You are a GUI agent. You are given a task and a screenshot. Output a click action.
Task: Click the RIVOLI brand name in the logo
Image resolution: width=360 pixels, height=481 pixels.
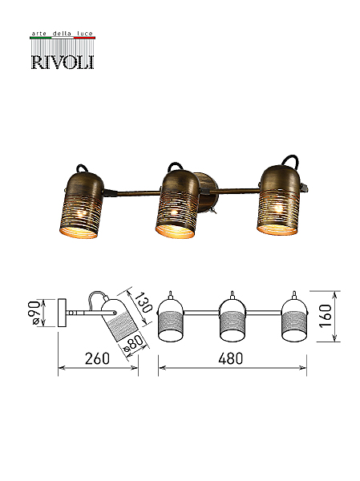(x=63, y=62)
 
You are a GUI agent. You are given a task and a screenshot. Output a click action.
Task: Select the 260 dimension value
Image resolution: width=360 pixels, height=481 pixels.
(x=97, y=358)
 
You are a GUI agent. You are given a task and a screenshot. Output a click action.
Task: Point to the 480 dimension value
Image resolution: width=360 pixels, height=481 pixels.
(x=230, y=358)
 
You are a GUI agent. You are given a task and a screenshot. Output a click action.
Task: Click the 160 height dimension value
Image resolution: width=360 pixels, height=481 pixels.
(x=326, y=316)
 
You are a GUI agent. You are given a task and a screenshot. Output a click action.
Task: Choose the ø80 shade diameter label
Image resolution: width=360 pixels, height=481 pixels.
(x=133, y=344)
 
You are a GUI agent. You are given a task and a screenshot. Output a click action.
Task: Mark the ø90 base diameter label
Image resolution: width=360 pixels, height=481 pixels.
(x=34, y=313)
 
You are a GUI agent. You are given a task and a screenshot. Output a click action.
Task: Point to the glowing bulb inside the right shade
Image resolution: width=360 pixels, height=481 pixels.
(x=278, y=209)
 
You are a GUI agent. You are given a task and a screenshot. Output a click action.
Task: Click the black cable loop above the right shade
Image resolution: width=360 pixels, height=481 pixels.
(x=290, y=161)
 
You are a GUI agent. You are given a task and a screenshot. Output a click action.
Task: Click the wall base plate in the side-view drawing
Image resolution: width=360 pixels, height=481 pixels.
(x=62, y=313)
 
